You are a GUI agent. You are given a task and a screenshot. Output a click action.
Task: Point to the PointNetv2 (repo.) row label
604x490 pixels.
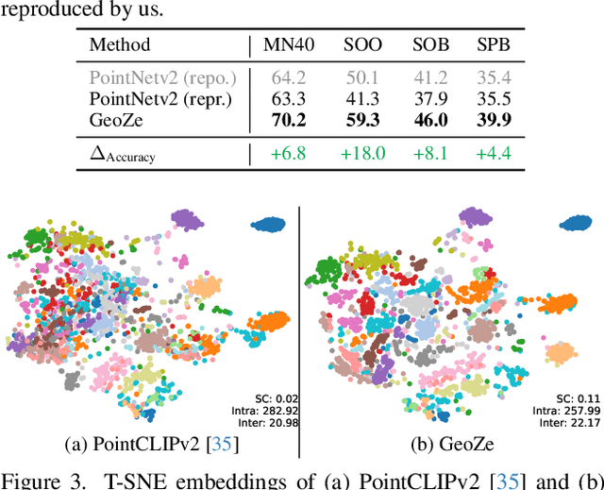(x=156, y=76)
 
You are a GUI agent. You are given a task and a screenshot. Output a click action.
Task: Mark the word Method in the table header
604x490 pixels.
(x=120, y=44)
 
